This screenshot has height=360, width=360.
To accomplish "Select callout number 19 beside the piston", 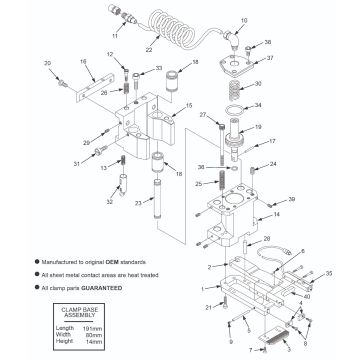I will pyautogui.click(x=258, y=128).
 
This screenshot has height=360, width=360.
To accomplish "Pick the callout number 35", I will pyautogui.click(x=329, y=272).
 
